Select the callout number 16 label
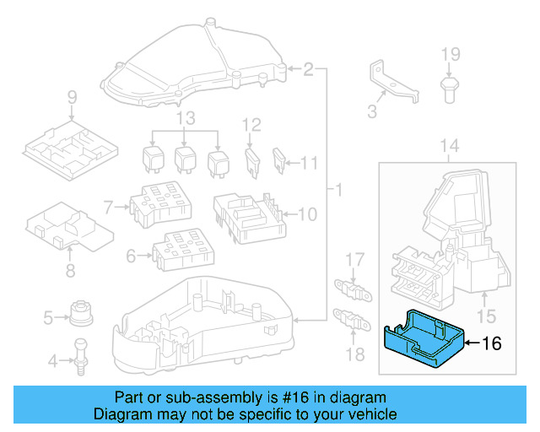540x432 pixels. pyautogui.click(x=491, y=343)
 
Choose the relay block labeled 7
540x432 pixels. pyautogui.click(x=159, y=204)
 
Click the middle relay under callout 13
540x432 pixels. pyautogui.click(x=186, y=158)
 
